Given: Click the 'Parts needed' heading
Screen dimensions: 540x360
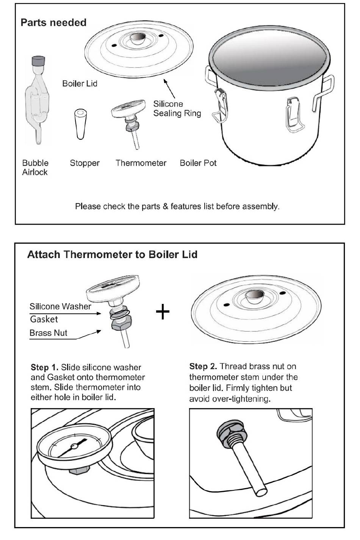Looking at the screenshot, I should [53, 23].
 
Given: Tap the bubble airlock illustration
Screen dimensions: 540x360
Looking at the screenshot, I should [37, 101].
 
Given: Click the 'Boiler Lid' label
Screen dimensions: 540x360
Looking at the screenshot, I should [80, 83].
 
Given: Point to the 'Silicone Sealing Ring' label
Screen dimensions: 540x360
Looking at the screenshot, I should [177, 108].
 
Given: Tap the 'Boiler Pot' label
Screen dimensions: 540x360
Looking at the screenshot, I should [198, 163].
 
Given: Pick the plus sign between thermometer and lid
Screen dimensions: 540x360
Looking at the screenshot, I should [163, 312].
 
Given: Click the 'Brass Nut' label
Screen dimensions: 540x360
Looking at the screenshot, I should [49, 333].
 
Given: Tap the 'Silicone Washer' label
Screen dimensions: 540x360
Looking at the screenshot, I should [60, 306].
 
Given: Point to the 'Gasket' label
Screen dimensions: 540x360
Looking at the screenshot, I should [44, 319].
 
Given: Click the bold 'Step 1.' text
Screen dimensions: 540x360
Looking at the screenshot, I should [44, 367].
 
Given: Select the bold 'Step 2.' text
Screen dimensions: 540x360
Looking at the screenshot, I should [203, 366].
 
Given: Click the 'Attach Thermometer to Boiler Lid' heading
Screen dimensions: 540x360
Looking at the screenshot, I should [112, 254].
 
